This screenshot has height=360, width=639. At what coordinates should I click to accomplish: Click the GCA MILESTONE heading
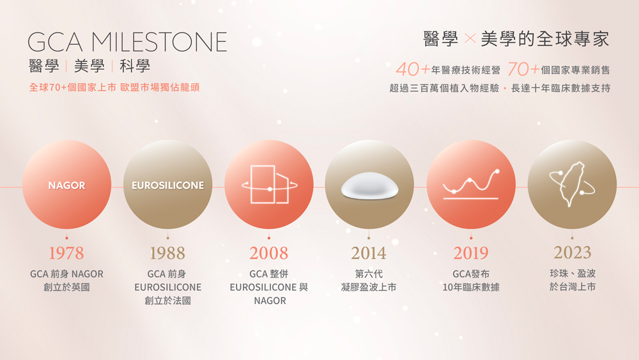127,42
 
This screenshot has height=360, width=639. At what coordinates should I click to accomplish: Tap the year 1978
66,253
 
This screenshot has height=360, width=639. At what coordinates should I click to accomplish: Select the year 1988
167,253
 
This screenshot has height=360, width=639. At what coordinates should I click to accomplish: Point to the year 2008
269,253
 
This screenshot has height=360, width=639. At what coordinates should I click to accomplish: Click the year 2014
369,253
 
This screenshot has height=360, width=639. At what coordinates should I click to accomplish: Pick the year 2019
471,253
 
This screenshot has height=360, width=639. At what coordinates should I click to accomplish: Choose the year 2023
572,253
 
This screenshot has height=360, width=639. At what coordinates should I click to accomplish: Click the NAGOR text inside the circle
67,185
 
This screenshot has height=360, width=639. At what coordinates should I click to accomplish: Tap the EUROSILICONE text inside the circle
168,185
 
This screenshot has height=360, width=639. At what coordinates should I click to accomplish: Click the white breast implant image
369,186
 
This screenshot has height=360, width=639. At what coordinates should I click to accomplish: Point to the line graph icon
471,184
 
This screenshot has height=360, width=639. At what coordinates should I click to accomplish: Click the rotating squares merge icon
270,184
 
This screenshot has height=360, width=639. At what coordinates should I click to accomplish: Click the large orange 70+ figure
524,69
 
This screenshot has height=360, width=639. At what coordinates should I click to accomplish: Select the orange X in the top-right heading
470,39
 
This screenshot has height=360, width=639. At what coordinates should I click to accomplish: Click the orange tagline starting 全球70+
114,87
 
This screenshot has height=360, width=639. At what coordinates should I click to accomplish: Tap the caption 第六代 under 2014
369,274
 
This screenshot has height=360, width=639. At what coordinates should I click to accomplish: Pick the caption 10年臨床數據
471,287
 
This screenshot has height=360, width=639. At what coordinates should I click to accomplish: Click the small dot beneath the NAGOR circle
66,238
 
